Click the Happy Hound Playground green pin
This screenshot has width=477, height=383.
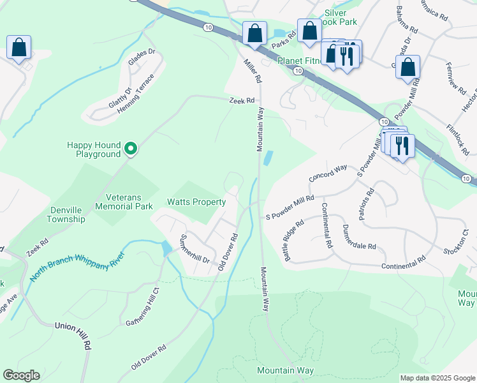(131, 149)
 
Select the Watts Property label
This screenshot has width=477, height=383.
(196, 202)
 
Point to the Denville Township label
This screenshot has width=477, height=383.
(66, 214)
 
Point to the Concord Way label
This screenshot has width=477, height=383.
(328, 172)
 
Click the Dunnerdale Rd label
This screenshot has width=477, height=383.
(359, 237)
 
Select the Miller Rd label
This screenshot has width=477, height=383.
(253, 71)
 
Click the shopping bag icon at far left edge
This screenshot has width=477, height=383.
(18, 48)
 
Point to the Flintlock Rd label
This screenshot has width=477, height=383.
(457, 140)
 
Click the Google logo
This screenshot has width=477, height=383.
(21, 375)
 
